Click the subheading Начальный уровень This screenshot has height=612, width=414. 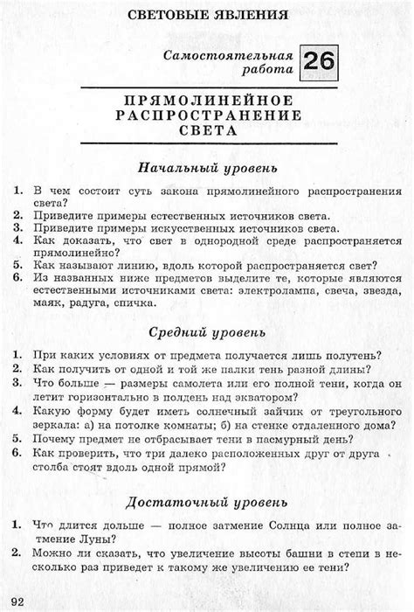coord(207,166)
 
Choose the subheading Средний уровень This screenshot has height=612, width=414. coord(207,332)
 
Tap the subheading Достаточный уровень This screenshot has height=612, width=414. coord(207,503)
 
